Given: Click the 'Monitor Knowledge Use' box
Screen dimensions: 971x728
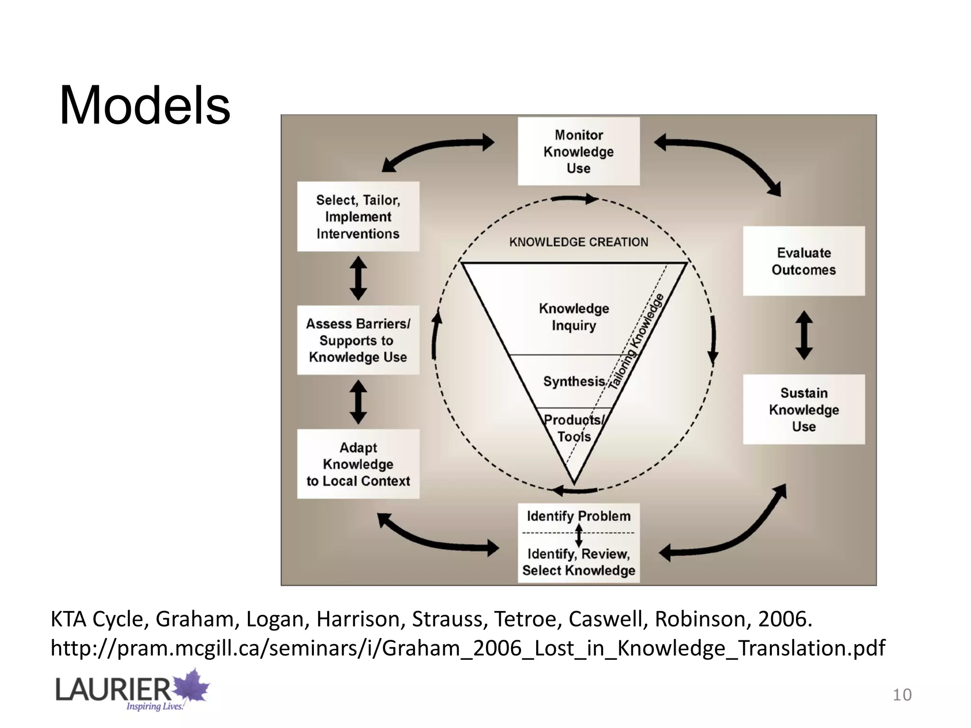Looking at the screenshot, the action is [x=578, y=151].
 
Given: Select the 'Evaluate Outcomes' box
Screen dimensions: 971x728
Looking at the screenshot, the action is [x=804, y=261].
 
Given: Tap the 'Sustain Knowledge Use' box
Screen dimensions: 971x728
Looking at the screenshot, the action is [x=804, y=409].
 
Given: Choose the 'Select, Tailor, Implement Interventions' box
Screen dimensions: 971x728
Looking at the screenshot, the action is [x=358, y=217].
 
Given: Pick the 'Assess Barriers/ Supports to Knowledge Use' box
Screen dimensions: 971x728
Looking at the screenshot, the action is [x=358, y=340].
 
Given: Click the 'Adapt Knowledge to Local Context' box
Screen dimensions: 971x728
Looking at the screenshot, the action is [x=358, y=464].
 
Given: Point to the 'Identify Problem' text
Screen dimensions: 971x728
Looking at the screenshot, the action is [x=579, y=516].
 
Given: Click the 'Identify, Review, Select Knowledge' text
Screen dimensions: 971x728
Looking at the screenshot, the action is [x=579, y=562].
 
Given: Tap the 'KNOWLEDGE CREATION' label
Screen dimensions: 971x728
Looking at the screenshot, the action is [x=578, y=242].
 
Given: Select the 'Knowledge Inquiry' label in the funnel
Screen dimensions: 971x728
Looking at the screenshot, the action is [x=574, y=317].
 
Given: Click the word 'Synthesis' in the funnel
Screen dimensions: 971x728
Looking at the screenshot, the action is [x=574, y=382].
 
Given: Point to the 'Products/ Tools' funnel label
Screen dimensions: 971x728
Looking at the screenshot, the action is [x=574, y=428].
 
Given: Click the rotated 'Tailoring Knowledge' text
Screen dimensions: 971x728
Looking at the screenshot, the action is [x=636, y=342].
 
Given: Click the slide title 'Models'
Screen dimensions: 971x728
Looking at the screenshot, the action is [x=145, y=105].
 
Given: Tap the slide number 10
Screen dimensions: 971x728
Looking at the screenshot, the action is [x=902, y=695].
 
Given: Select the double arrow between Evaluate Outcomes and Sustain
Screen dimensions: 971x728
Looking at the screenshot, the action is [x=804, y=335].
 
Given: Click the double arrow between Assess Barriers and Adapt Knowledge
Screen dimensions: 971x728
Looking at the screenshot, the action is [x=358, y=402].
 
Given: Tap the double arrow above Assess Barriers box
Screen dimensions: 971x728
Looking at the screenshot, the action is [x=358, y=278].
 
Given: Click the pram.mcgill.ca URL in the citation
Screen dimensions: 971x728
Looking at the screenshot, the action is [x=468, y=648].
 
